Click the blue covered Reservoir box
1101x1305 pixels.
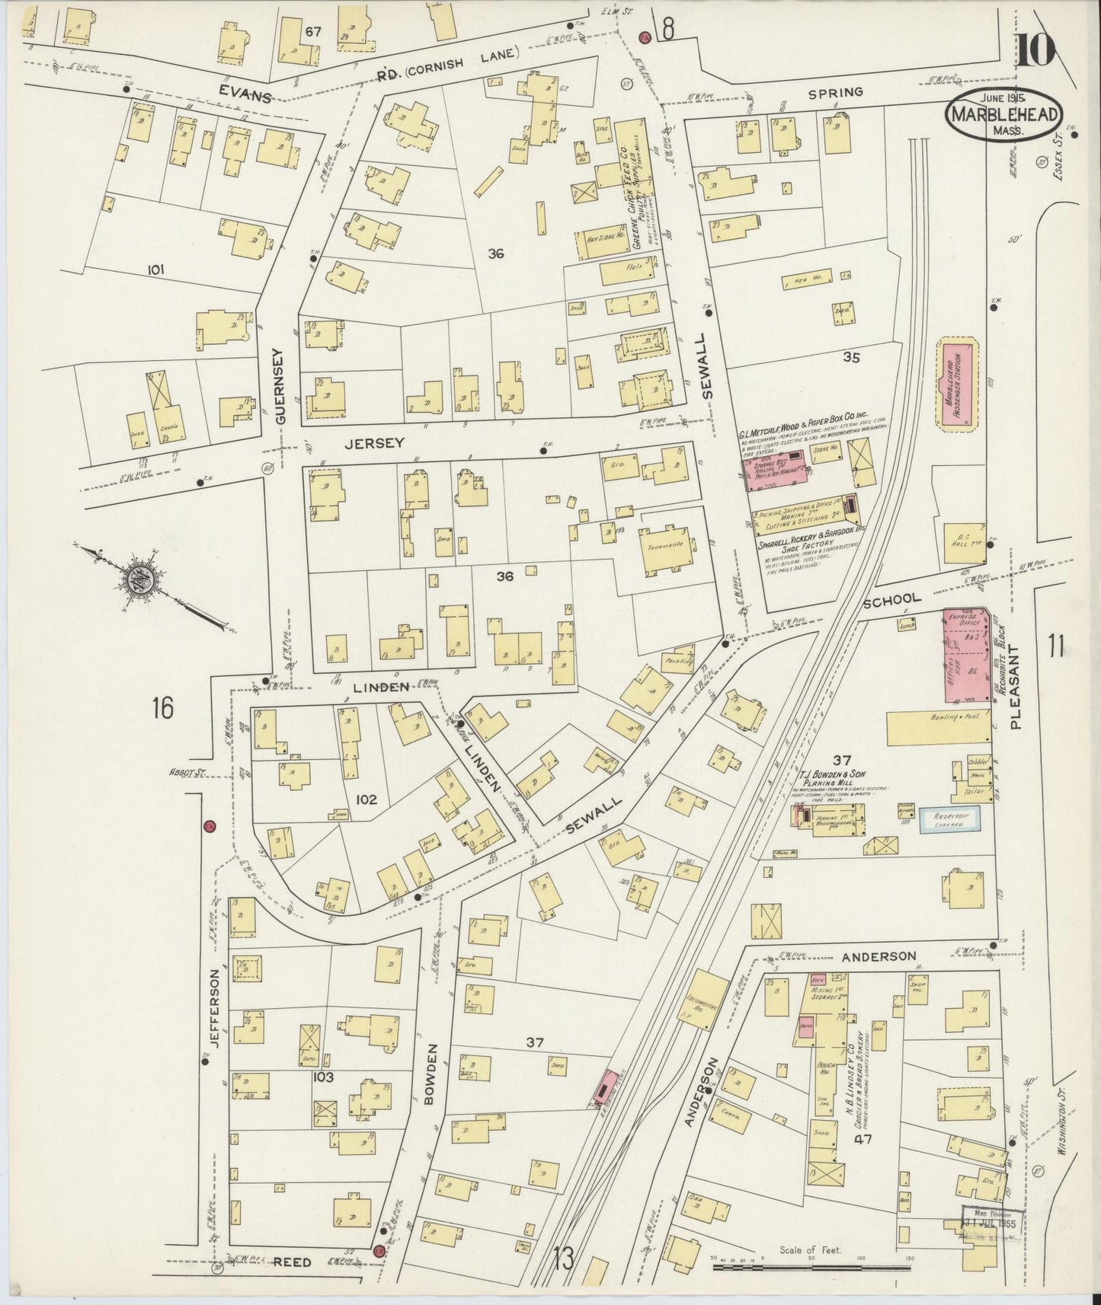949,819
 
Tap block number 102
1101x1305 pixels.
366,799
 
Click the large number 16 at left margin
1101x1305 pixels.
162,707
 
